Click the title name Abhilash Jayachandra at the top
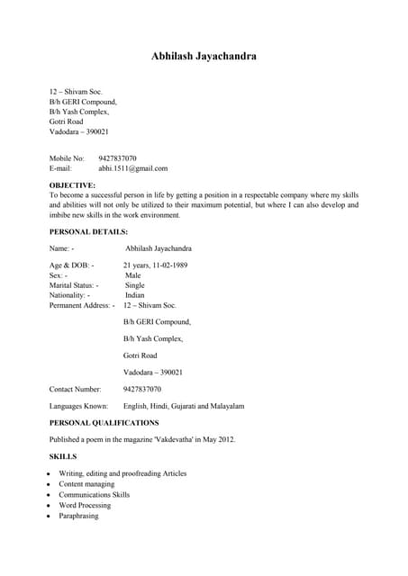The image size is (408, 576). pyautogui.click(x=204, y=56)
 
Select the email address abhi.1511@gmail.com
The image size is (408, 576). pyautogui.click(x=133, y=168)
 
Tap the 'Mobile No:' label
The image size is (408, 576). pyautogui.click(x=66, y=157)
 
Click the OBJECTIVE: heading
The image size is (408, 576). pyautogui.click(x=72, y=184)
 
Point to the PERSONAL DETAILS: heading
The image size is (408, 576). pyautogui.click(x=88, y=231)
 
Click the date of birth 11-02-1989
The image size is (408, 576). pyautogui.click(x=168, y=265)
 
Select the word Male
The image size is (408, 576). pyautogui.click(x=132, y=275)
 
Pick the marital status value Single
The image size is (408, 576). pyautogui.click(x=134, y=285)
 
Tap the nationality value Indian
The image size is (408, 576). pyautogui.click(x=134, y=295)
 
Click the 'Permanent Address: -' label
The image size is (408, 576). pyautogui.click(x=82, y=306)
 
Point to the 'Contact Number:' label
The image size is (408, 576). pyautogui.click(x=75, y=389)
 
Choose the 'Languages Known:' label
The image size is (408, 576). pyautogui.click(x=78, y=406)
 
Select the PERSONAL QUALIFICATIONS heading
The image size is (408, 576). pyautogui.click(x=104, y=422)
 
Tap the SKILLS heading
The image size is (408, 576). pyautogui.click(x=62, y=456)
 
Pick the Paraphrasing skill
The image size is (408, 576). pyautogui.click(x=78, y=517)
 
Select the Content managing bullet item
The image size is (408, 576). pyautogui.click(x=86, y=484)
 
